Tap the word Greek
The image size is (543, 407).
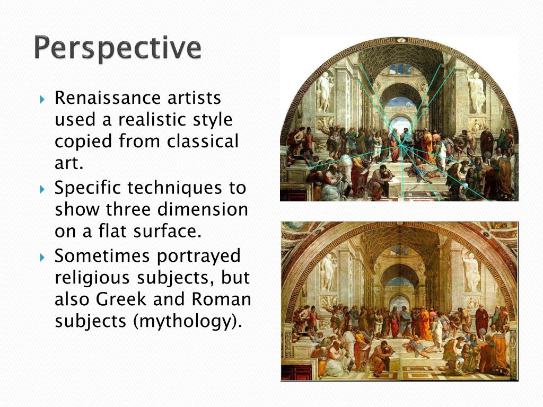[121, 299]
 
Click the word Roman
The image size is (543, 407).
[221, 299]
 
